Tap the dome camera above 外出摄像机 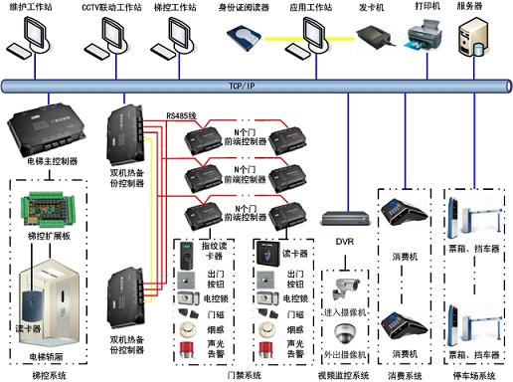click(x=344, y=332)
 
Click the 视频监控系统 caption click(x=343, y=375)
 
